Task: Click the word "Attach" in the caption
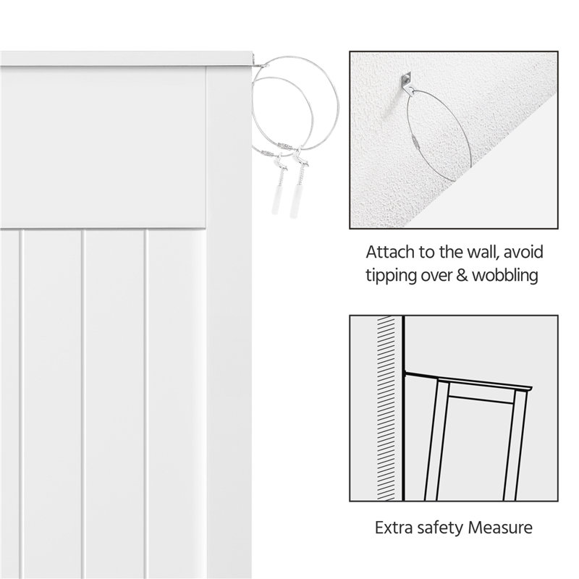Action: click(x=390, y=252)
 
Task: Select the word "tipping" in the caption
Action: click(x=391, y=276)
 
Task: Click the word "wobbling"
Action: click(x=505, y=276)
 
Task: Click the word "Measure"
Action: click(x=500, y=528)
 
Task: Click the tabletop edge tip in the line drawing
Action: click(x=531, y=388)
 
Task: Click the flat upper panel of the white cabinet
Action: click(x=103, y=148)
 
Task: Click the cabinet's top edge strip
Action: click(x=128, y=59)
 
